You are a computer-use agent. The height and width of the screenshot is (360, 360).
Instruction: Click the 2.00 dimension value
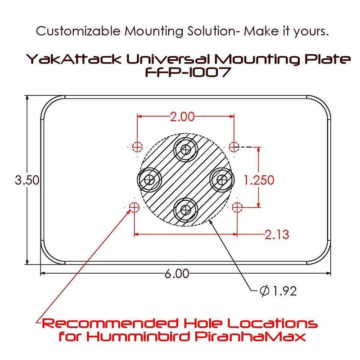click(182, 117)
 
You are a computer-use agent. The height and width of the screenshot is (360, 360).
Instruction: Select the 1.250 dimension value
click(259, 180)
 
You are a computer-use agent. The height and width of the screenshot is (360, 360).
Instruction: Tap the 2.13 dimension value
click(277, 234)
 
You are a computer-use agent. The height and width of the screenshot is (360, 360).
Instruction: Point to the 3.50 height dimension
click(27, 180)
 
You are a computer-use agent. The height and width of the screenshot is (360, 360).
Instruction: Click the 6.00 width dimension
click(177, 274)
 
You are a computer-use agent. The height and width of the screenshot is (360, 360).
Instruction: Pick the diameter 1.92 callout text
click(278, 291)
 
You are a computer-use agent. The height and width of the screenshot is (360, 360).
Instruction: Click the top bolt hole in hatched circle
click(186, 150)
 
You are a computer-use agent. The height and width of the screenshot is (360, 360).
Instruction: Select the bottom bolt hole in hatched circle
click(185, 210)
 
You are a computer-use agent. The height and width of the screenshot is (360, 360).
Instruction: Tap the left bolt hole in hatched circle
click(150, 180)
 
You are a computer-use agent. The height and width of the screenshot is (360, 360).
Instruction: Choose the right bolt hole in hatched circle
click(222, 180)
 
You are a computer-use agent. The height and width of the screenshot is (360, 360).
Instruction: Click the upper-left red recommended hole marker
click(138, 147)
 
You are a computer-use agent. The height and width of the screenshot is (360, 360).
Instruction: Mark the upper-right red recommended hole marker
click(234, 147)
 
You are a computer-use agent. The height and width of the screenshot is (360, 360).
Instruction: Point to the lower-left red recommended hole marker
click(134, 207)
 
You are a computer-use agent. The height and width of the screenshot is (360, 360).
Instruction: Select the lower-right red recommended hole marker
click(237, 207)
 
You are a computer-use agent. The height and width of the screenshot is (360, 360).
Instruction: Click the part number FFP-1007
click(188, 72)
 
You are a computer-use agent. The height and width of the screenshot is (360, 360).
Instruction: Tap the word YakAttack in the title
click(73, 59)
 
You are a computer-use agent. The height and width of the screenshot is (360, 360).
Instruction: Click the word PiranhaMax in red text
click(250, 337)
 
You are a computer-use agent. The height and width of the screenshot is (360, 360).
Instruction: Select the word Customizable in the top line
click(78, 31)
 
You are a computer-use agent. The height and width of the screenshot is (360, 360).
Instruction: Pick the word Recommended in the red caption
click(110, 323)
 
